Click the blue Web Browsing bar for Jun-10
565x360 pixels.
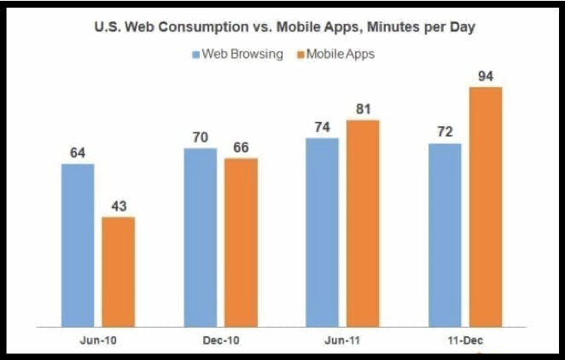[x=78, y=244]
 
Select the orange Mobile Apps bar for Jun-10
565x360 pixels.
[x=119, y=270]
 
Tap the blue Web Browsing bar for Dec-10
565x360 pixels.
[x=201, y=236]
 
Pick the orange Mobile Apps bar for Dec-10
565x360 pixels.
[x=241, y=241]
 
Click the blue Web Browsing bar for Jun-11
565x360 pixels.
[x=322, y=231]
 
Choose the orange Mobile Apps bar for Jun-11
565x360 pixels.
[x=363, y=223]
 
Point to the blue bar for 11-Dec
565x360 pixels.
[x=445, y=234]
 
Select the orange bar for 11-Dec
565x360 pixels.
[x=486, y=206]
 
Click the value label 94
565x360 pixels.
[x=486, y=77]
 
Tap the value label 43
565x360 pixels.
[x=119, y=206]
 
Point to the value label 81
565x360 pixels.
[x=363, y=110]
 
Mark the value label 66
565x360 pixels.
[x=241, y=148]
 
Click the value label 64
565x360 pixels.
[x=78, y=153]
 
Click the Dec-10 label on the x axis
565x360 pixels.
[x=221, y=340]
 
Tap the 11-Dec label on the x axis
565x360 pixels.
[x=465, y=340]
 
